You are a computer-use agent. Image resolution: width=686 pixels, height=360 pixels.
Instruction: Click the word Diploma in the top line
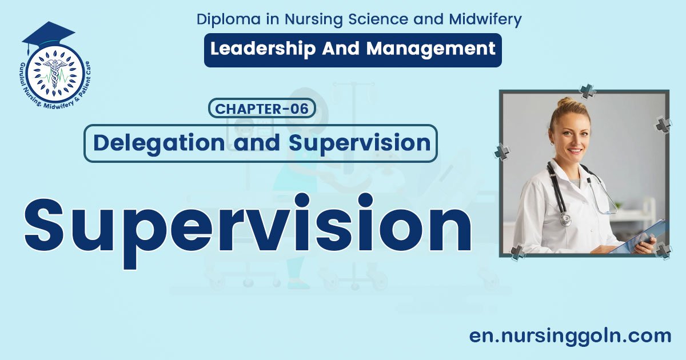coord(229,19)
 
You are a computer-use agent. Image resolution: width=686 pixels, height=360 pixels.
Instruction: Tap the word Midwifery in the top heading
coord(485,19)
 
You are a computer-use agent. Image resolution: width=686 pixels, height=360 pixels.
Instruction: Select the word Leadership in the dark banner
coord(263,49)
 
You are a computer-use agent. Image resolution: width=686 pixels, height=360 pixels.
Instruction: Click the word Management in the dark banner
coord(431,49)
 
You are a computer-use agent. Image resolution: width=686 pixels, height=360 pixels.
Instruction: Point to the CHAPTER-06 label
coord(262,109)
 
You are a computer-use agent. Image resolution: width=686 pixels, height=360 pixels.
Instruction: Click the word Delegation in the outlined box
coord(159,143)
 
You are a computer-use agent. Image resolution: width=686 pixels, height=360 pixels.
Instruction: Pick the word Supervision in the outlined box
coord(360,143)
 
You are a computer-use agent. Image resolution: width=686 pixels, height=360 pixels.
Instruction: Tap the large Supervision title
coord(248,230)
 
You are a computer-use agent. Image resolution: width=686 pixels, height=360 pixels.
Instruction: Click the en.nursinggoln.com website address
coord(571,337)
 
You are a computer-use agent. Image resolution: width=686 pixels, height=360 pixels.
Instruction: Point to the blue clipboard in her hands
coord(637,238)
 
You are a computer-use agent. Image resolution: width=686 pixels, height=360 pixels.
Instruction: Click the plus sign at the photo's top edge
coord(588,91)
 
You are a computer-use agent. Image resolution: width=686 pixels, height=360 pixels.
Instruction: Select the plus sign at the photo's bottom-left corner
coord(518,253)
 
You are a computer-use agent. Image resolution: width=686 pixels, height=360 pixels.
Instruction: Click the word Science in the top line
coord(378,19)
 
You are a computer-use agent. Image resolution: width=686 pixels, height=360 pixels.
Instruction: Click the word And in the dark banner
coord(341,49)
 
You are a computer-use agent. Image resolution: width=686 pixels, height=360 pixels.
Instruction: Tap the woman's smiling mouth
coord(575,151)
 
